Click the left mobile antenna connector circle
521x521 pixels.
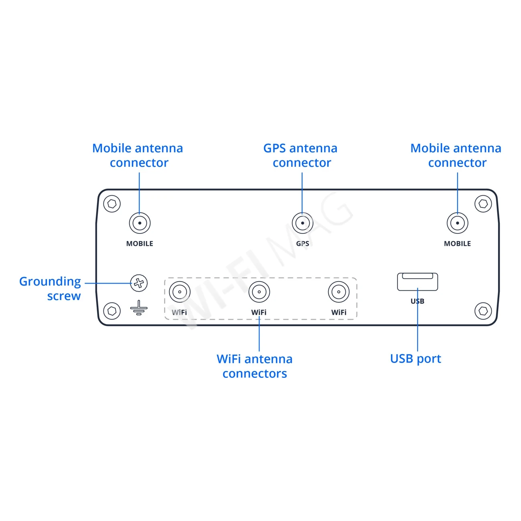pyautogui.click(x=140, y=223)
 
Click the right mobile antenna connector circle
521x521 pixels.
pyautogui.click(x=457, y=223)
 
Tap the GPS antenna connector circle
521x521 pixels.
pyautogui.click(x=302, y=223)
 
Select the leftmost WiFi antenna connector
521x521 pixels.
pyautogui.click(x=179, y=292)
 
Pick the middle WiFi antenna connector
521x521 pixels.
pyautogui.click(x=259, y=292)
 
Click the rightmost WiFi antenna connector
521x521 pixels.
pyautogui.click(x=339, y=292)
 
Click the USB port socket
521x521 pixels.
pyautogui.click(x=417, y=282)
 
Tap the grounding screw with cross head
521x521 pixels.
pyautogui.click(x=139, y=283)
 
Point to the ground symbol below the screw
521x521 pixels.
pyautogui.click(x=139, y=308)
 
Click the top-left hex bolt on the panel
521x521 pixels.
pyautogui.click(x=112, y=204)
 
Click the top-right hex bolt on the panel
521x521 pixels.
pyautogui.click(x=483, y=204)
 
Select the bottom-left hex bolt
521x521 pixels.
pyautogui.click(x=112, y=311)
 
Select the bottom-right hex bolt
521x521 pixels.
pyautogui.click(x=483, y=311)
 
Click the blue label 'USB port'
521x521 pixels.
pyautogui.click(x=416, y=359)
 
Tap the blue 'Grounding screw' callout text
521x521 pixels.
pyautogui.click(x=51, y=289)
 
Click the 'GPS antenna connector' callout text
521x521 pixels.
pyautogui.click(x=301, y=156)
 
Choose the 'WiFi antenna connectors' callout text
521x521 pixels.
pyautogui.click(x=255, y=366)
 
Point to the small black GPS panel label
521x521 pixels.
pyautogui.click(x=302, y=243)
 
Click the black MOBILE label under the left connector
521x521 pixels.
pyautogui.click(x=140, y=243)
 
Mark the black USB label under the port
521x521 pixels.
pyautogui.click(x=417, y=301)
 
